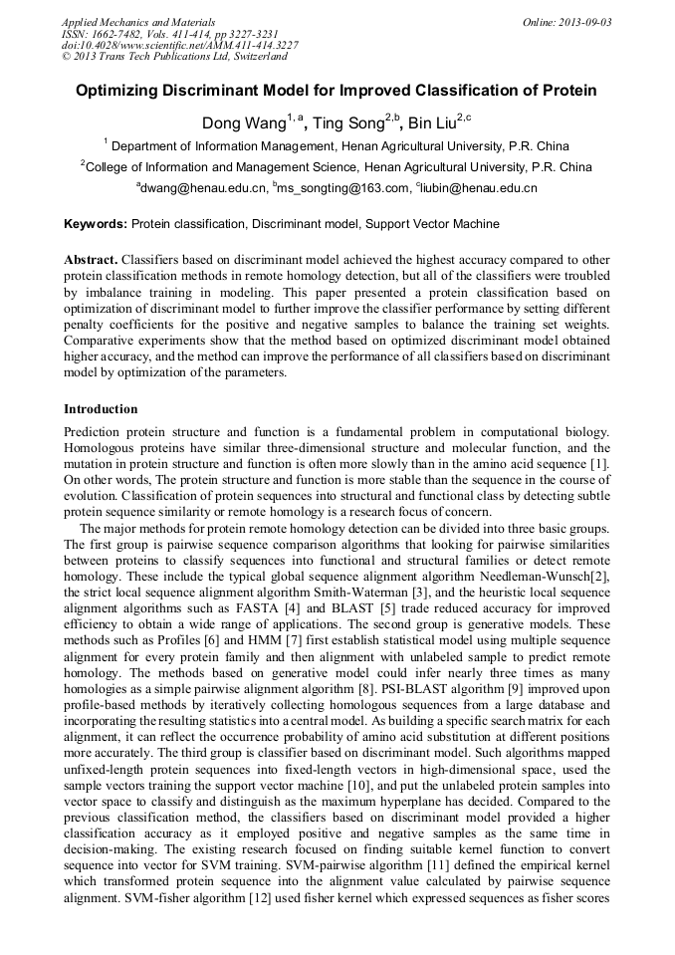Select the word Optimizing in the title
pos(118,91)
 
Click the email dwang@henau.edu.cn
pos(205,187)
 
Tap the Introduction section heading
pos(101,409)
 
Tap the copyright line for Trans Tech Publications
pos(169,58)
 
